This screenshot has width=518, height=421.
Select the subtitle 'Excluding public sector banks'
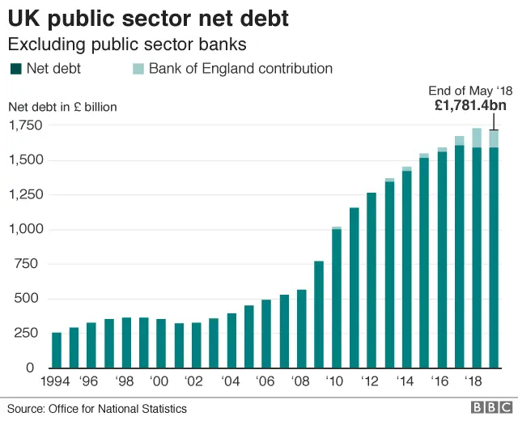click(127, 43)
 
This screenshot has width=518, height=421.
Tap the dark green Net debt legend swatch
click(15, 69)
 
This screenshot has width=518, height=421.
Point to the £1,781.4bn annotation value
click(469, 105)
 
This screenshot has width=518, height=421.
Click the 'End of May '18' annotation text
click(469, 91)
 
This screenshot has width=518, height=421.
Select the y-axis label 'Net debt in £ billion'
click(64, 106)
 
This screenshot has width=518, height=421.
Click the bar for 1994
click(57, 350)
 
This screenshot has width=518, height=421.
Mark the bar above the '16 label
click(442, 259)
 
